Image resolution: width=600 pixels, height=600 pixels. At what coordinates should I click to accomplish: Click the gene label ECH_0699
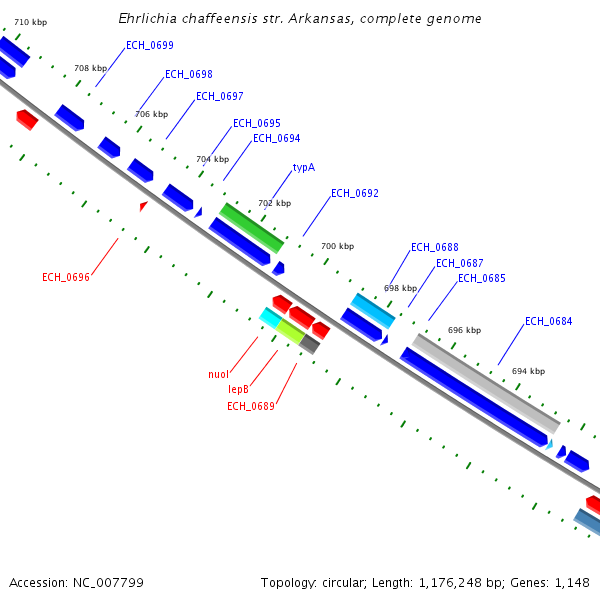click(150, 46)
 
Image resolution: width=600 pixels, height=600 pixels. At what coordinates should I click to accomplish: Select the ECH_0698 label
click(188, 75)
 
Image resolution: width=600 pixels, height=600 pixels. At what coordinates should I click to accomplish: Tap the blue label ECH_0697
click(220, 97)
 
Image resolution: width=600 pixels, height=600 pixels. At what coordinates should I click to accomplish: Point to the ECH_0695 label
click(257, 124)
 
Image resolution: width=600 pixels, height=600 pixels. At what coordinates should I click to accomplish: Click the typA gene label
click(304, 168)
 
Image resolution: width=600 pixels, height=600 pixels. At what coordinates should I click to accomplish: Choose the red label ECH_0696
click(66, 277)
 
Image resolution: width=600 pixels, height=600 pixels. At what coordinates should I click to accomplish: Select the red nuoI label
click(218, 375)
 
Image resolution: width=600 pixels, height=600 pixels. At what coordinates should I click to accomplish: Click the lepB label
click(238, 389)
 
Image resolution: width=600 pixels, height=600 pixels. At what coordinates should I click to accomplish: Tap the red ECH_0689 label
click(251, 406)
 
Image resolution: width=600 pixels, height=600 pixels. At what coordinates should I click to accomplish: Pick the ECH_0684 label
click(549, 322)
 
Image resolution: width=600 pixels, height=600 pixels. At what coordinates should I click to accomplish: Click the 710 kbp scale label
click(30, 21)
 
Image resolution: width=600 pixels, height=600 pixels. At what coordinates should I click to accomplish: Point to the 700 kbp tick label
click(337, 246)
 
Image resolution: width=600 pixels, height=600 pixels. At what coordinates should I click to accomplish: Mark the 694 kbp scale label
click(528, 371)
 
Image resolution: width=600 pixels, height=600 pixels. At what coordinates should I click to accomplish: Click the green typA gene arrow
click(252, 227)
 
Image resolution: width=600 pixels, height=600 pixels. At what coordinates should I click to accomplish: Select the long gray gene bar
click(485, 381)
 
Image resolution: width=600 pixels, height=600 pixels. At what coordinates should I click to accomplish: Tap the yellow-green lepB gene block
click(290, 332)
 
